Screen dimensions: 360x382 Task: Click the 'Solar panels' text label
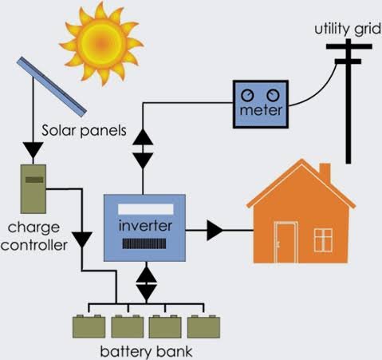click(79, 129)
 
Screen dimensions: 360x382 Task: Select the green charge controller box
click(33, 188)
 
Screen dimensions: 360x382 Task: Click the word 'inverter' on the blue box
click(144, 225)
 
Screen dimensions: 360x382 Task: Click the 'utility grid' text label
click(342, 28)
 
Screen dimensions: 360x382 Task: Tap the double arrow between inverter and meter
click(143, 148)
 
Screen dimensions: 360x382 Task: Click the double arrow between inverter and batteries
click(146, 282)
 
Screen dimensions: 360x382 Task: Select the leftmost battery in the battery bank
click(88, 327)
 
